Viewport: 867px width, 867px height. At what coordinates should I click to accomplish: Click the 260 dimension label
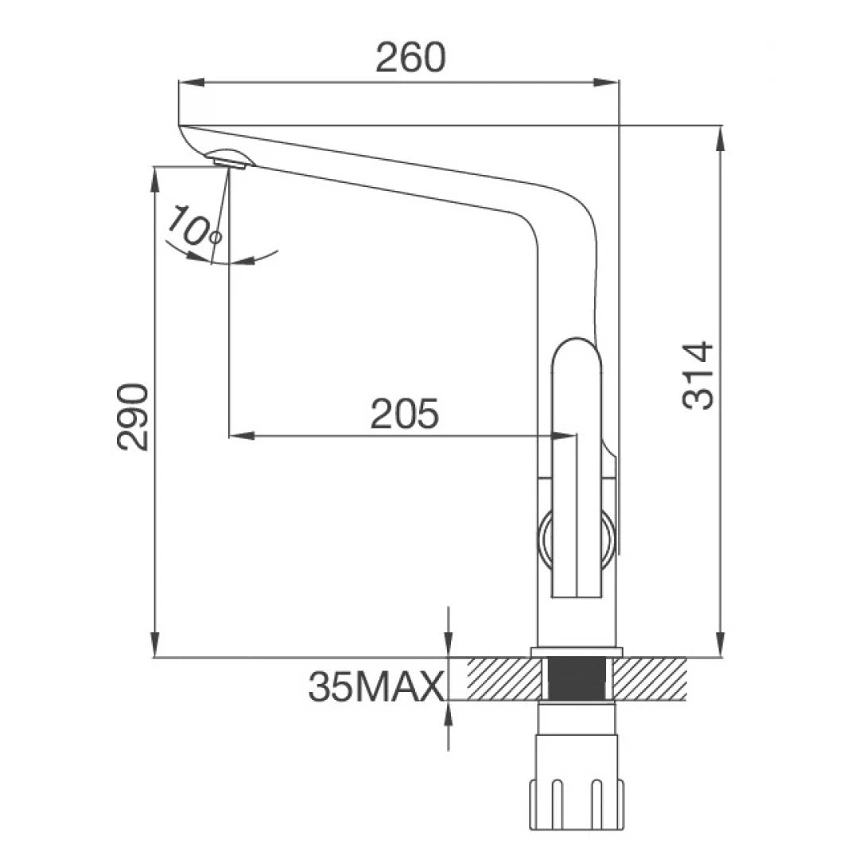click(411, 57)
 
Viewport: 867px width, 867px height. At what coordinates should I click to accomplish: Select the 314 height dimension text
click(699, 375)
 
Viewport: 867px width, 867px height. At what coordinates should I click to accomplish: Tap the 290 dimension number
click(133, 417)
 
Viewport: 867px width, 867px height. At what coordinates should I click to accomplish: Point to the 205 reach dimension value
click(404, 414)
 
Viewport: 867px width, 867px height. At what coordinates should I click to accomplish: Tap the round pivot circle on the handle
click(577, 542)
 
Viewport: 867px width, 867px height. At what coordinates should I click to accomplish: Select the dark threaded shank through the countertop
click(577, 678)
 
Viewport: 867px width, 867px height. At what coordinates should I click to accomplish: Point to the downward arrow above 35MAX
click(449, 645)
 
